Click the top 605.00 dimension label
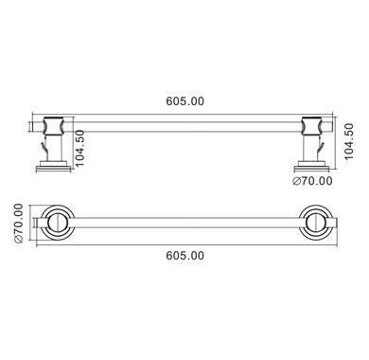point(185,101)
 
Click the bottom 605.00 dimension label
point(185,256)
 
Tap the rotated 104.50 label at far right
point(349,141)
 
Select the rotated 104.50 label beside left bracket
point(80,148)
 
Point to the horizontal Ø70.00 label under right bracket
point(312,181)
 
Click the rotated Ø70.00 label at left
point(18,223)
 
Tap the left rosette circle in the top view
point(57,223)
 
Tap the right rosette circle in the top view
point(316,223)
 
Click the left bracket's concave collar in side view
point(54,126)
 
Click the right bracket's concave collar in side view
point(312,126)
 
